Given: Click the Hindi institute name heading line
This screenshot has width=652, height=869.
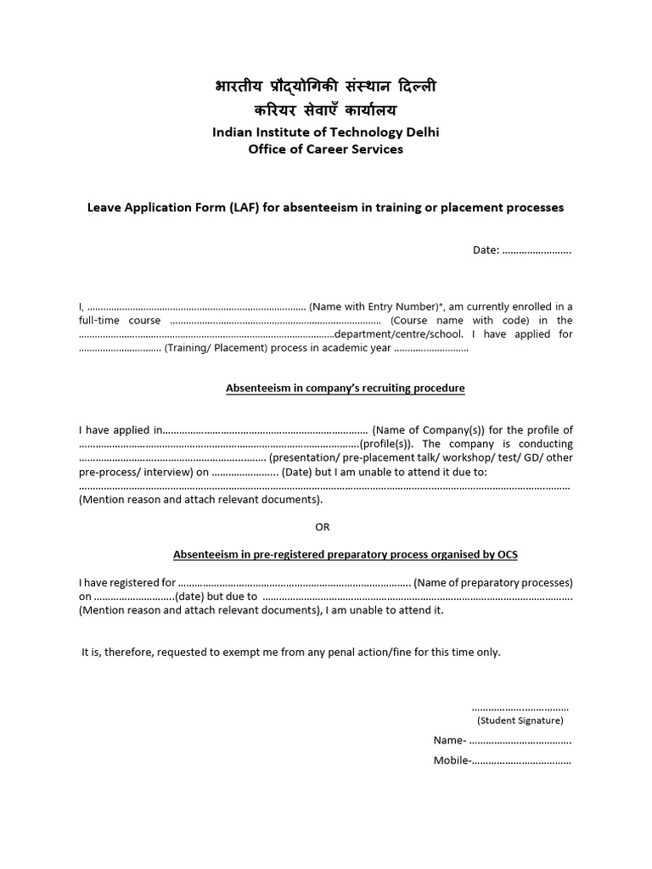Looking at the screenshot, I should (x=326, y=87).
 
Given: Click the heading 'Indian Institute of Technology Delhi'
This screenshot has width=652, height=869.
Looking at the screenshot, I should (x=326, y=132).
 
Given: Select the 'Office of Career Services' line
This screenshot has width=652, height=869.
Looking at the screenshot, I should (x=326, y=149).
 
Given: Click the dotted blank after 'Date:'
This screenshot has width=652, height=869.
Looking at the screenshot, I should (x=537, y=250).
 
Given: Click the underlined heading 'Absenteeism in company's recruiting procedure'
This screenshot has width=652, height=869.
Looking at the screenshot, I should (x=345, y=389).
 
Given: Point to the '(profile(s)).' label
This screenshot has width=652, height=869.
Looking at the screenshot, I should (x=388, y=444).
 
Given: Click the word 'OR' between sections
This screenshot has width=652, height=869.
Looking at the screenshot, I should (x=323, y=527).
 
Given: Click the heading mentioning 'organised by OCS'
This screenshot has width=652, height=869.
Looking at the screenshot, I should (x=345, y=555).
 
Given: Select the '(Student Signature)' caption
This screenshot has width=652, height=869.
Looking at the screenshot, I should (x=520, y=720).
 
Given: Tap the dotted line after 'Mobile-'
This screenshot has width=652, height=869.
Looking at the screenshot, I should (x=521, y=761).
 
